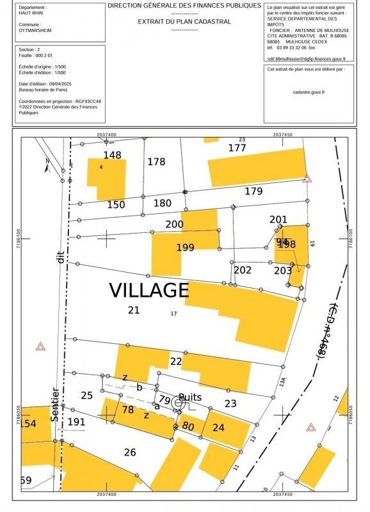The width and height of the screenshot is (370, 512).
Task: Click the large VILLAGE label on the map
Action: coord(149,290)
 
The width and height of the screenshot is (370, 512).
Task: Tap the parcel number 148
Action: coord(112,155)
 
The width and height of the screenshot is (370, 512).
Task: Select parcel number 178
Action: coord(156,162)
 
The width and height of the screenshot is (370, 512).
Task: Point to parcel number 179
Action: coord(253,191)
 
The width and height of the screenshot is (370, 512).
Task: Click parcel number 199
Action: coord(185,247)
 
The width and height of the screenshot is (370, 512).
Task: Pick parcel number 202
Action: coord(243,270)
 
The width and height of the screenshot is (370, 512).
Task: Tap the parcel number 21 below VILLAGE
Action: coord(134,310)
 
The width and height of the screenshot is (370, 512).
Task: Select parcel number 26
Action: coord(130,452)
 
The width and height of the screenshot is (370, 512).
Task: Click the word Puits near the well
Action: coord(190,397)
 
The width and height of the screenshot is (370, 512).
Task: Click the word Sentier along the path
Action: coord(56,404)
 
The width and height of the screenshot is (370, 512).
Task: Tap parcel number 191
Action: coord(76,422)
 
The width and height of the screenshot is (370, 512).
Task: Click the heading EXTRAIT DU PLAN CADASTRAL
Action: coord(185,21)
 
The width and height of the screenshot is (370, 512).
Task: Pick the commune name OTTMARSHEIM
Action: coord(36,29)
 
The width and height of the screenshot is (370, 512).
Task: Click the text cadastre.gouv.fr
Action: coord(309,92)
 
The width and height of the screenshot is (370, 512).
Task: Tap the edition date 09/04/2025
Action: coord(65,84)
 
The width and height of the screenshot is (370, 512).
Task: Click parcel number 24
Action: coord(218,428)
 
